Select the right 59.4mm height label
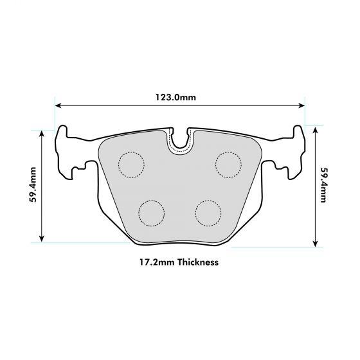tap(325, 186)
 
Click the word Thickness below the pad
tap(198, 262)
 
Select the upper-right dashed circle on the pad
tap(228, 164)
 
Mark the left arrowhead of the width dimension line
tap(58, 105)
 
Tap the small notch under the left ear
tap(78, 168)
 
